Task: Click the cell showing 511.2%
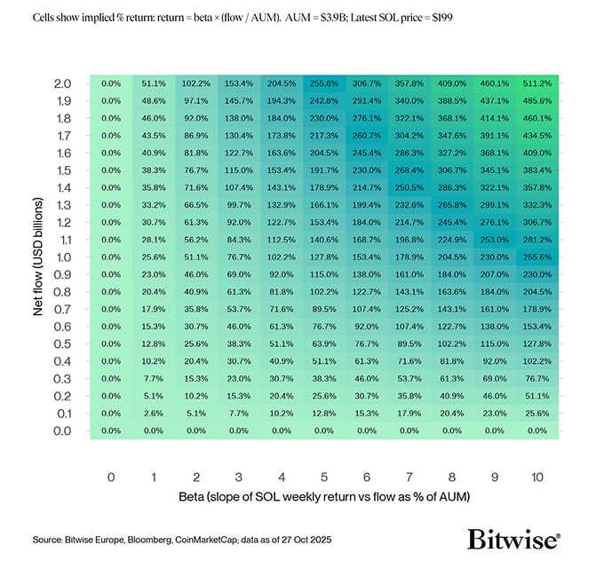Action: (x=537, y=83)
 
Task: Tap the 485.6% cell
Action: (x=537, y=100)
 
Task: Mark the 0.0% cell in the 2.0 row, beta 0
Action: (x=111, y=83)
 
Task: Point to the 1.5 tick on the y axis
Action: (x=63, y=170)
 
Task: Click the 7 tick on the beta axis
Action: (x=409, y=477)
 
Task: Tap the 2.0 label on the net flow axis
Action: (x=63, y=83)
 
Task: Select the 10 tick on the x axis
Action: (x=537, y=477)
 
